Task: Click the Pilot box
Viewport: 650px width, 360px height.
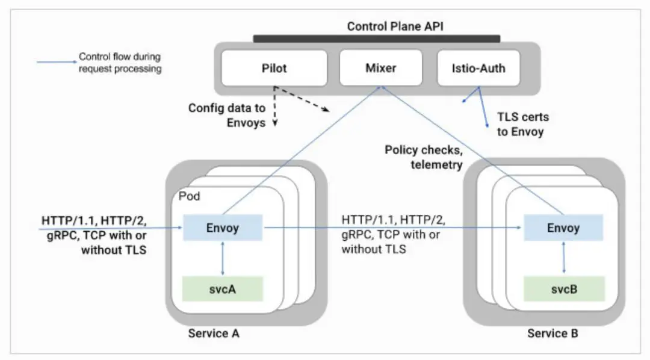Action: [274, 67]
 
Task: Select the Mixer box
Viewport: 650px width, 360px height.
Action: [380, 67]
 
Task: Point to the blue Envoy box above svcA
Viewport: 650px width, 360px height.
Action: [223, 228]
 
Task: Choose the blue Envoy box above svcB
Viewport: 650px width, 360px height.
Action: [563, 228]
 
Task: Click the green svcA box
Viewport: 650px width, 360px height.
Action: [223, 289]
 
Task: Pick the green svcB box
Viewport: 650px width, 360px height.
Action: [563, 289]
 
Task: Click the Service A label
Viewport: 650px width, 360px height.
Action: [214, 333]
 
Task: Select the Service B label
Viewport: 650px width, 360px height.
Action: [553, 333]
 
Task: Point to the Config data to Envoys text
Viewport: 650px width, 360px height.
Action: [227, 115]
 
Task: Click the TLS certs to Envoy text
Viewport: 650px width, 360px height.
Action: [522, 125]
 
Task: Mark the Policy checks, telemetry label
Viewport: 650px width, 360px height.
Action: [424, 157]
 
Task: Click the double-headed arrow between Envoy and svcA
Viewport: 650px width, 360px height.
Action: [223, 258]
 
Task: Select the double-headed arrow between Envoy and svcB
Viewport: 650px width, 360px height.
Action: [563, 258]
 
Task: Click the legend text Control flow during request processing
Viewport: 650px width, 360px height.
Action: [120, 63]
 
